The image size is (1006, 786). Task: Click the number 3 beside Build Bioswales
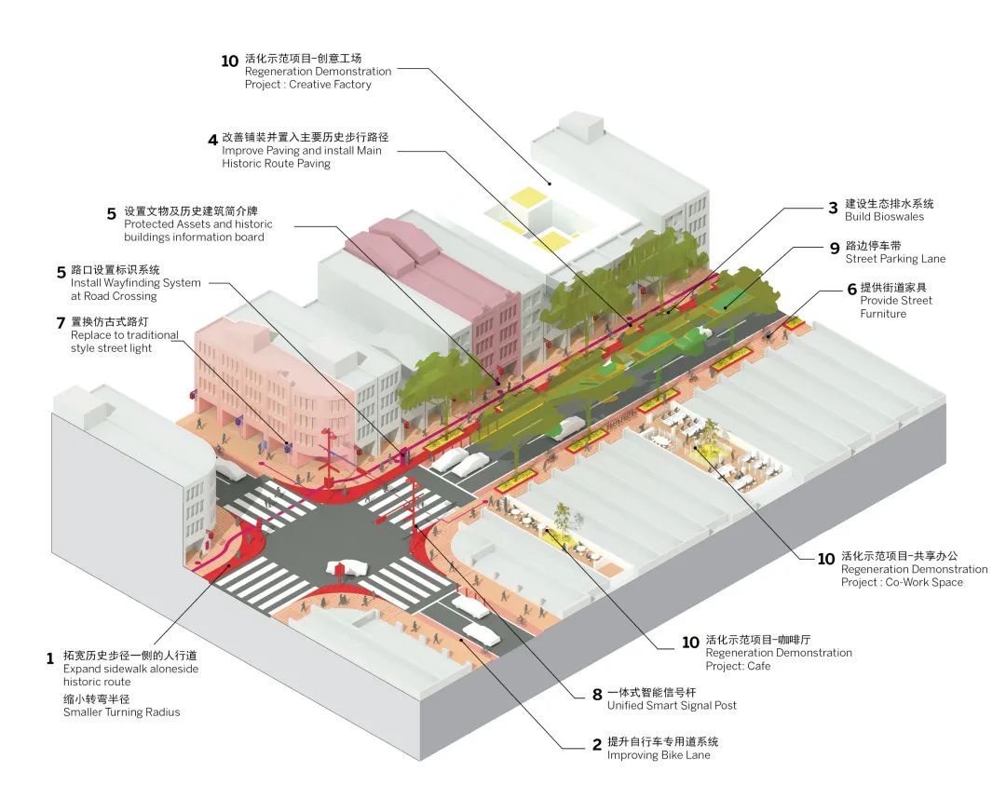pyautogui.click(x=833, y=210)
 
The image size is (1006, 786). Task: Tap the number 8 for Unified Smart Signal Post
pyautogui.click(x=597, y=694)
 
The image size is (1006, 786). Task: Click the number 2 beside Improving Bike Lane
pyautogui.click(x=596, y=744)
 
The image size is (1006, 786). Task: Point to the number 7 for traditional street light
pyautogui.click(x=61, y=323)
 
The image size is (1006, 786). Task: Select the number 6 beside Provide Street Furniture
pyautogui.click(x=850, y=289)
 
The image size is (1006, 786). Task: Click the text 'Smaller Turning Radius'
pyautogui.click(x=121, y=712)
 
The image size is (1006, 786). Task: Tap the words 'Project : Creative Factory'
pyautogui.click(x=307, y=85)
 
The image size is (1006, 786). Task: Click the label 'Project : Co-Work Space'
pyautogui.click(x=902, y=582)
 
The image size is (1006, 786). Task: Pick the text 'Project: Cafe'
pyautogui.click(x=738, y=666)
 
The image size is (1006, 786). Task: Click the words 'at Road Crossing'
pyautogui.click(x=114, y=296)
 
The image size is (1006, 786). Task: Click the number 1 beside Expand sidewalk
pyautogui.click(x=50, y=659)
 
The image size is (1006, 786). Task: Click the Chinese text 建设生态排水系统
pyautogui.click(x=890, y=203)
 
